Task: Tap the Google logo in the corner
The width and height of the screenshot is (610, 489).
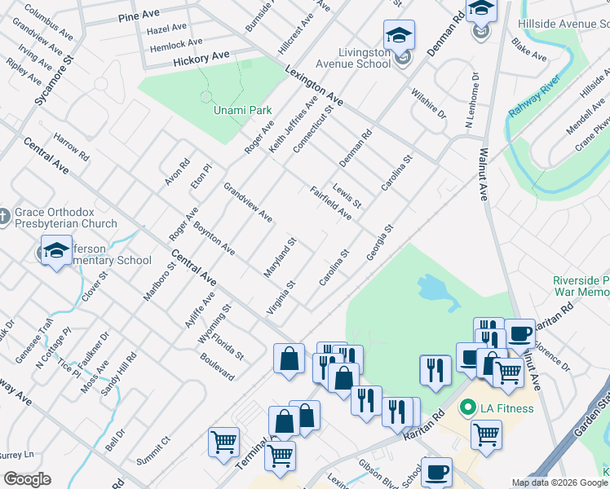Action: (x=27, y=479)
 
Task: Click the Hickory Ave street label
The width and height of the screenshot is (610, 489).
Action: (x=201, y=59)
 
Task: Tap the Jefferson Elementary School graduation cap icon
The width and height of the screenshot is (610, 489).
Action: (x=57, y=252)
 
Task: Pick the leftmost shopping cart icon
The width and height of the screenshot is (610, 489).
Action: (x=223, y=443)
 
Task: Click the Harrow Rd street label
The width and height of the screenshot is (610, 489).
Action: (x=72, y=145)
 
